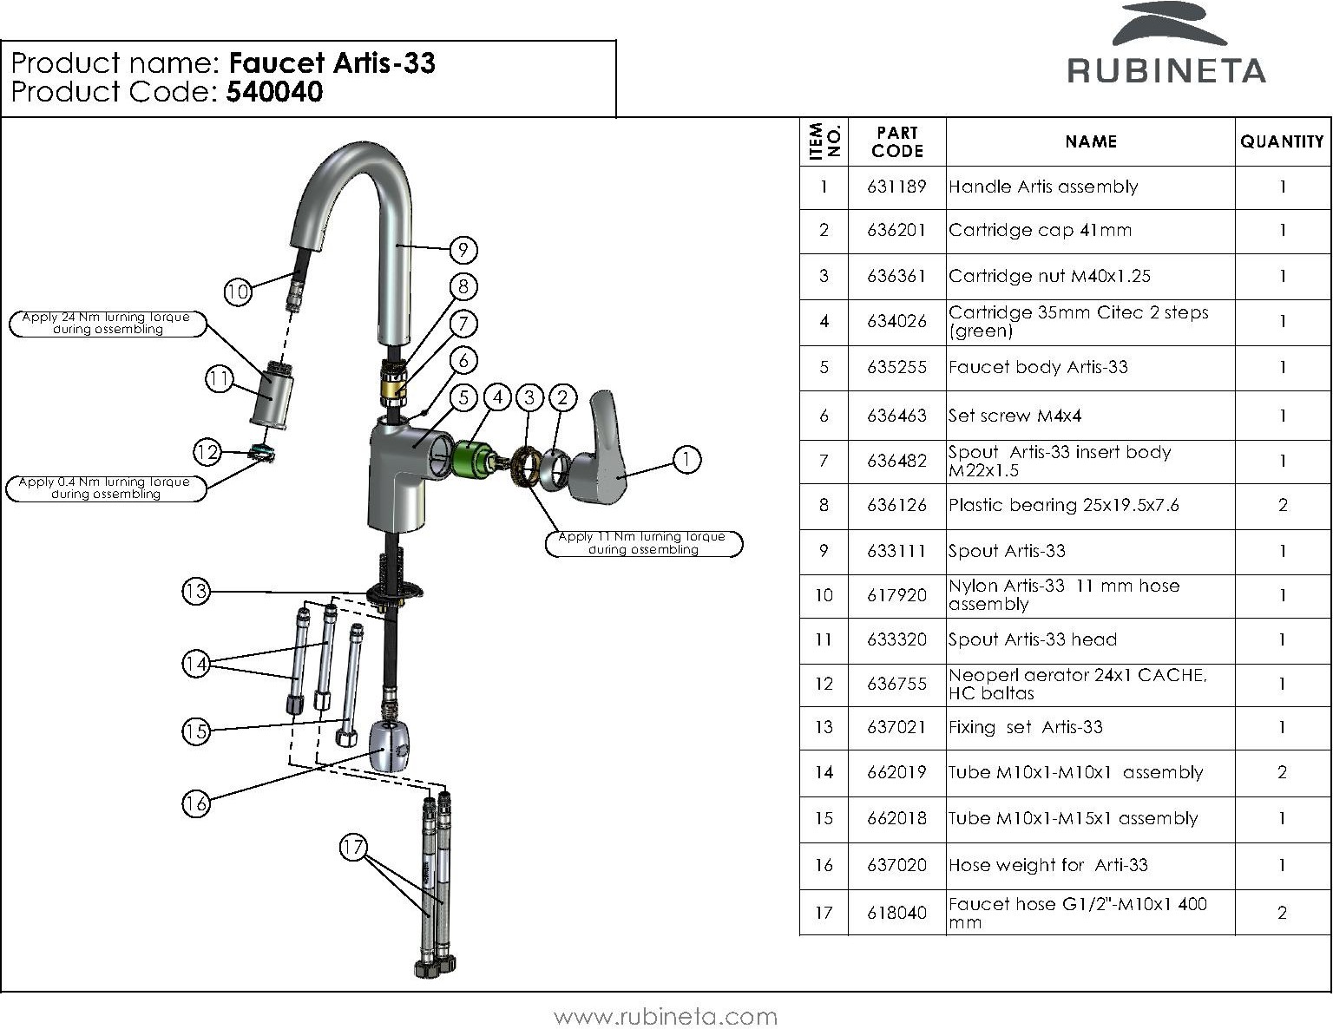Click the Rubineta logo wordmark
click(x=1166, y=70)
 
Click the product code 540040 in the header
click(x=274, y=92)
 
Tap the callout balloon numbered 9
click(x=463, y=250)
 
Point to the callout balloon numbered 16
click(x=196, y=803)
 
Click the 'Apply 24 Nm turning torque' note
click(x=108, y=323)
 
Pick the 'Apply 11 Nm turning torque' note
click(x=643, y=543)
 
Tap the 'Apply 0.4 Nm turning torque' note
click(x=106, y=488)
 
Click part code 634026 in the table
click(x=896, y=321)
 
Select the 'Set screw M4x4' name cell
click(x=1015, y=415)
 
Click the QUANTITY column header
click(x=1282, y=141)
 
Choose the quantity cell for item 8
click(x=1283, y=505)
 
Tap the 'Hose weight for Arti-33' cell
click(x=1047, y=865)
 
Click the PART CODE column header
click(x=897, y=141)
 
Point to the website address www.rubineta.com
click(x=666, y=1016)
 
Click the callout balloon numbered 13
click(x=196, y=591)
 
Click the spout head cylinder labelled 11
click(x=272, y=395)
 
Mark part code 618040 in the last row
click(x=896, y=913)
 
